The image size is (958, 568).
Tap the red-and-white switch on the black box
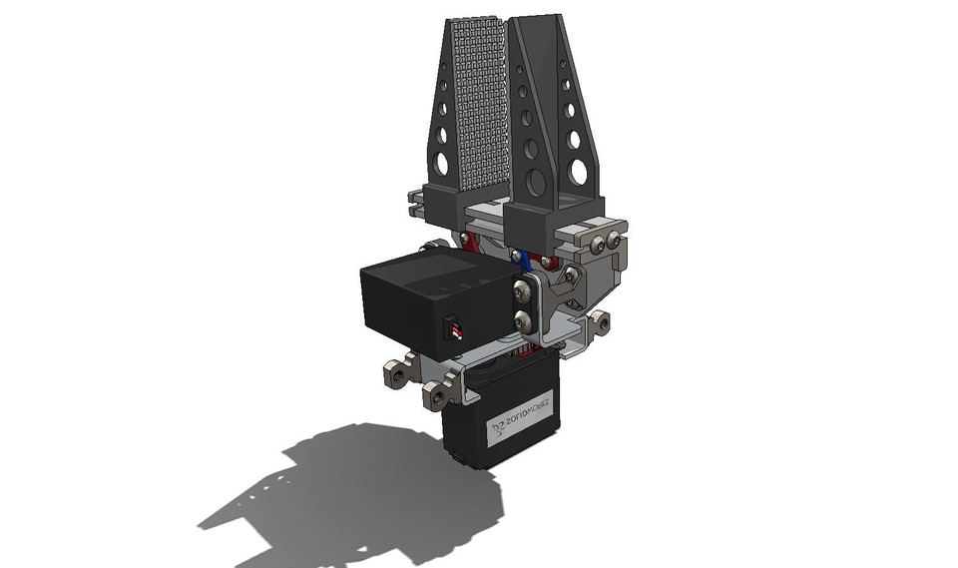click(452, 329)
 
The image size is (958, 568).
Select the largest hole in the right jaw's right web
click(577, 173)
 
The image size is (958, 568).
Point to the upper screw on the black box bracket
click(521, 291)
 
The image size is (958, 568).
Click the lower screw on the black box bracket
click(521, 320)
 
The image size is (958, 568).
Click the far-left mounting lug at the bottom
click(397, 374)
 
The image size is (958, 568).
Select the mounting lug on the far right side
click(600, 321)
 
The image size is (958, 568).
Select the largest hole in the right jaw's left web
click(537, 182)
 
